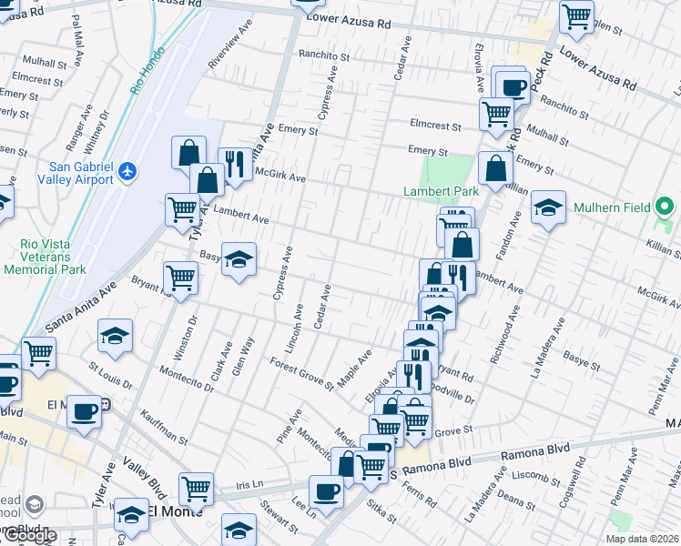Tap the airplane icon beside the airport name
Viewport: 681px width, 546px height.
tap(127, 170)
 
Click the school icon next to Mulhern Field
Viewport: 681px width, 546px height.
tap(549, 207)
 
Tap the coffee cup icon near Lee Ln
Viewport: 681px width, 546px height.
tap(326, 492)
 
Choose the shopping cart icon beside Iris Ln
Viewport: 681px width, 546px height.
tap(197, 489)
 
